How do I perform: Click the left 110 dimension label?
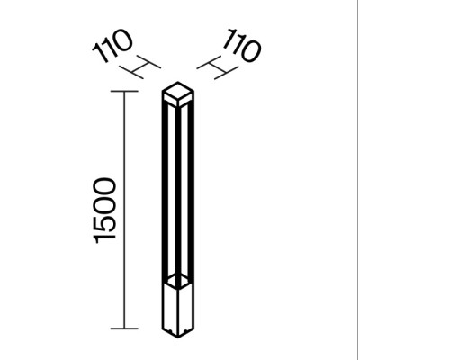coord(112,46)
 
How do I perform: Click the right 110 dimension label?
coord(242,46)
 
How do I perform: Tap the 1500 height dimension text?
coord(104,211)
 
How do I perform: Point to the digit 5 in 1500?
coord(104,223)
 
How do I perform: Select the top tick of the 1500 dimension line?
coord(124,91)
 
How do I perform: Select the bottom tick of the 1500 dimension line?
coord(124,328)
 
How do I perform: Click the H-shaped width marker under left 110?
coord(140,67)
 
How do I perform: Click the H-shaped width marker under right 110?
coord(218,67)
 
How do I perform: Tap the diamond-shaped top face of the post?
coord(178,90)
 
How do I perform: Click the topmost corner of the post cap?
coord(178,82)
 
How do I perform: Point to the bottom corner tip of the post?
coord(178,337)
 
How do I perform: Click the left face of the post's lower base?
coord(170,308)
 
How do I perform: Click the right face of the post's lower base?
coord(185,308)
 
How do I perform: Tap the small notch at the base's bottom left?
coord(169,331)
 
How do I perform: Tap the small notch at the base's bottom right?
coord(186,331)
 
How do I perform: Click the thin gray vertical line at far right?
coord(357,180)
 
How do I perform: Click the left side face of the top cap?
coord(170,99)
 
